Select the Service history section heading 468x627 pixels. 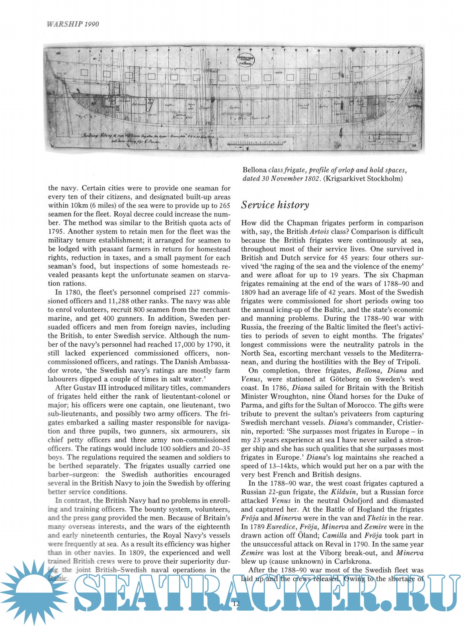click(275, 205)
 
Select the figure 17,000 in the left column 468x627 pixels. click(186, 344)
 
